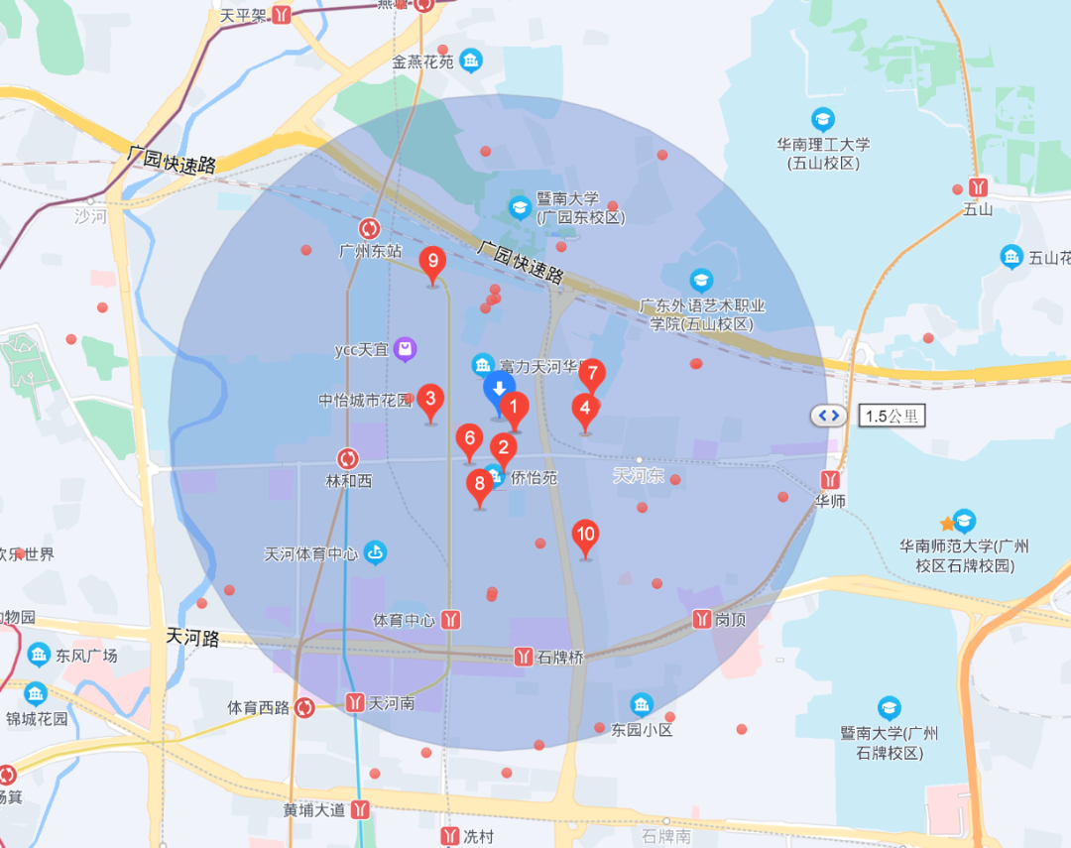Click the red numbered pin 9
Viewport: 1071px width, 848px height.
(x=431, y=263)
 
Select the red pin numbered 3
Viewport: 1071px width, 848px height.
(x=429, y=401)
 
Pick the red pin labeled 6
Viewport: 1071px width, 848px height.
(x=469, y=439)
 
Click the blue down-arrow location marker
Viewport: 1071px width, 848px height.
(x=499, y=389)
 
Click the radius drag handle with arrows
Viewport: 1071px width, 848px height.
(x=829, y=416)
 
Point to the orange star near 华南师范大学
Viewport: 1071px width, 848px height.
(x=947, y=523)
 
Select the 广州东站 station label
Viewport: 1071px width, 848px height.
(x=370, y=252)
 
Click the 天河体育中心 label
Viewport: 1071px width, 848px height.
(x=311, y=553)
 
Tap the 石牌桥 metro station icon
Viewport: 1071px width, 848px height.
(x=525, y=657)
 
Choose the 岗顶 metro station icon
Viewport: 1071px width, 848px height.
(x=702, y=619)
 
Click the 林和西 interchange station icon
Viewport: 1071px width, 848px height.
(x=348, y=458)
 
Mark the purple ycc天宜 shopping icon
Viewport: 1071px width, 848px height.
(x=405, y=349)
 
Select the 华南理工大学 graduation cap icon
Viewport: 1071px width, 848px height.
(x=822, y=120)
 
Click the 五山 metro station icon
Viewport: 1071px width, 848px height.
(x=979, y=186)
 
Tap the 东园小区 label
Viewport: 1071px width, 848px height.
(x=642, y=730)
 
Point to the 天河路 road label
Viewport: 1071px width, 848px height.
(x=192, y=637)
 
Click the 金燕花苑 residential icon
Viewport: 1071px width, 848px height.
(x=470, y=61)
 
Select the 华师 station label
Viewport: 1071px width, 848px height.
(x=830, y=502)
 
